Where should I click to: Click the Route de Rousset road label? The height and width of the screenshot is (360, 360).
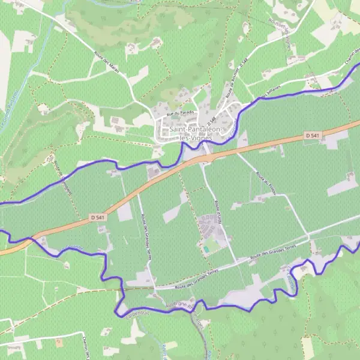point(235,78)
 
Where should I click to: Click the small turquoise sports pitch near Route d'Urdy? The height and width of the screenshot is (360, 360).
point(207,248)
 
